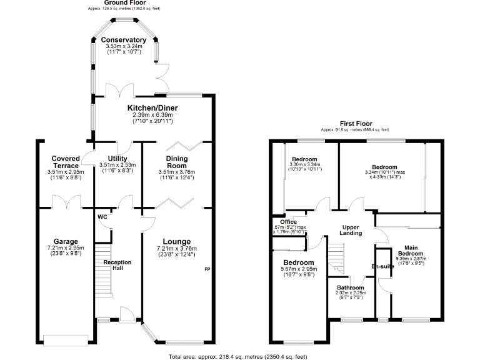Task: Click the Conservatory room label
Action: (x=123, y=40)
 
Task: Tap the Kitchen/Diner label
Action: (x=152, y=107)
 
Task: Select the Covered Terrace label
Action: (x=66, y=162)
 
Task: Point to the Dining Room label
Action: (x=177, y=162)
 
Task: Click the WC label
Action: (x=102, y=217)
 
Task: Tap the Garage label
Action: (x=66, y=241)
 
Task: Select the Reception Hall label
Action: (x=117, y=266)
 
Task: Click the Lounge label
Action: (x=177, y=241)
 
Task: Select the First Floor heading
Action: (x=355, y=124)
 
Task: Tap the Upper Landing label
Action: (x=351, y=229)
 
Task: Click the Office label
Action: (x=288, y=221)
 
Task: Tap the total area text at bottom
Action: (x=237, y=356)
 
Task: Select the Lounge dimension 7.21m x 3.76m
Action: (x=177, y=249)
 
